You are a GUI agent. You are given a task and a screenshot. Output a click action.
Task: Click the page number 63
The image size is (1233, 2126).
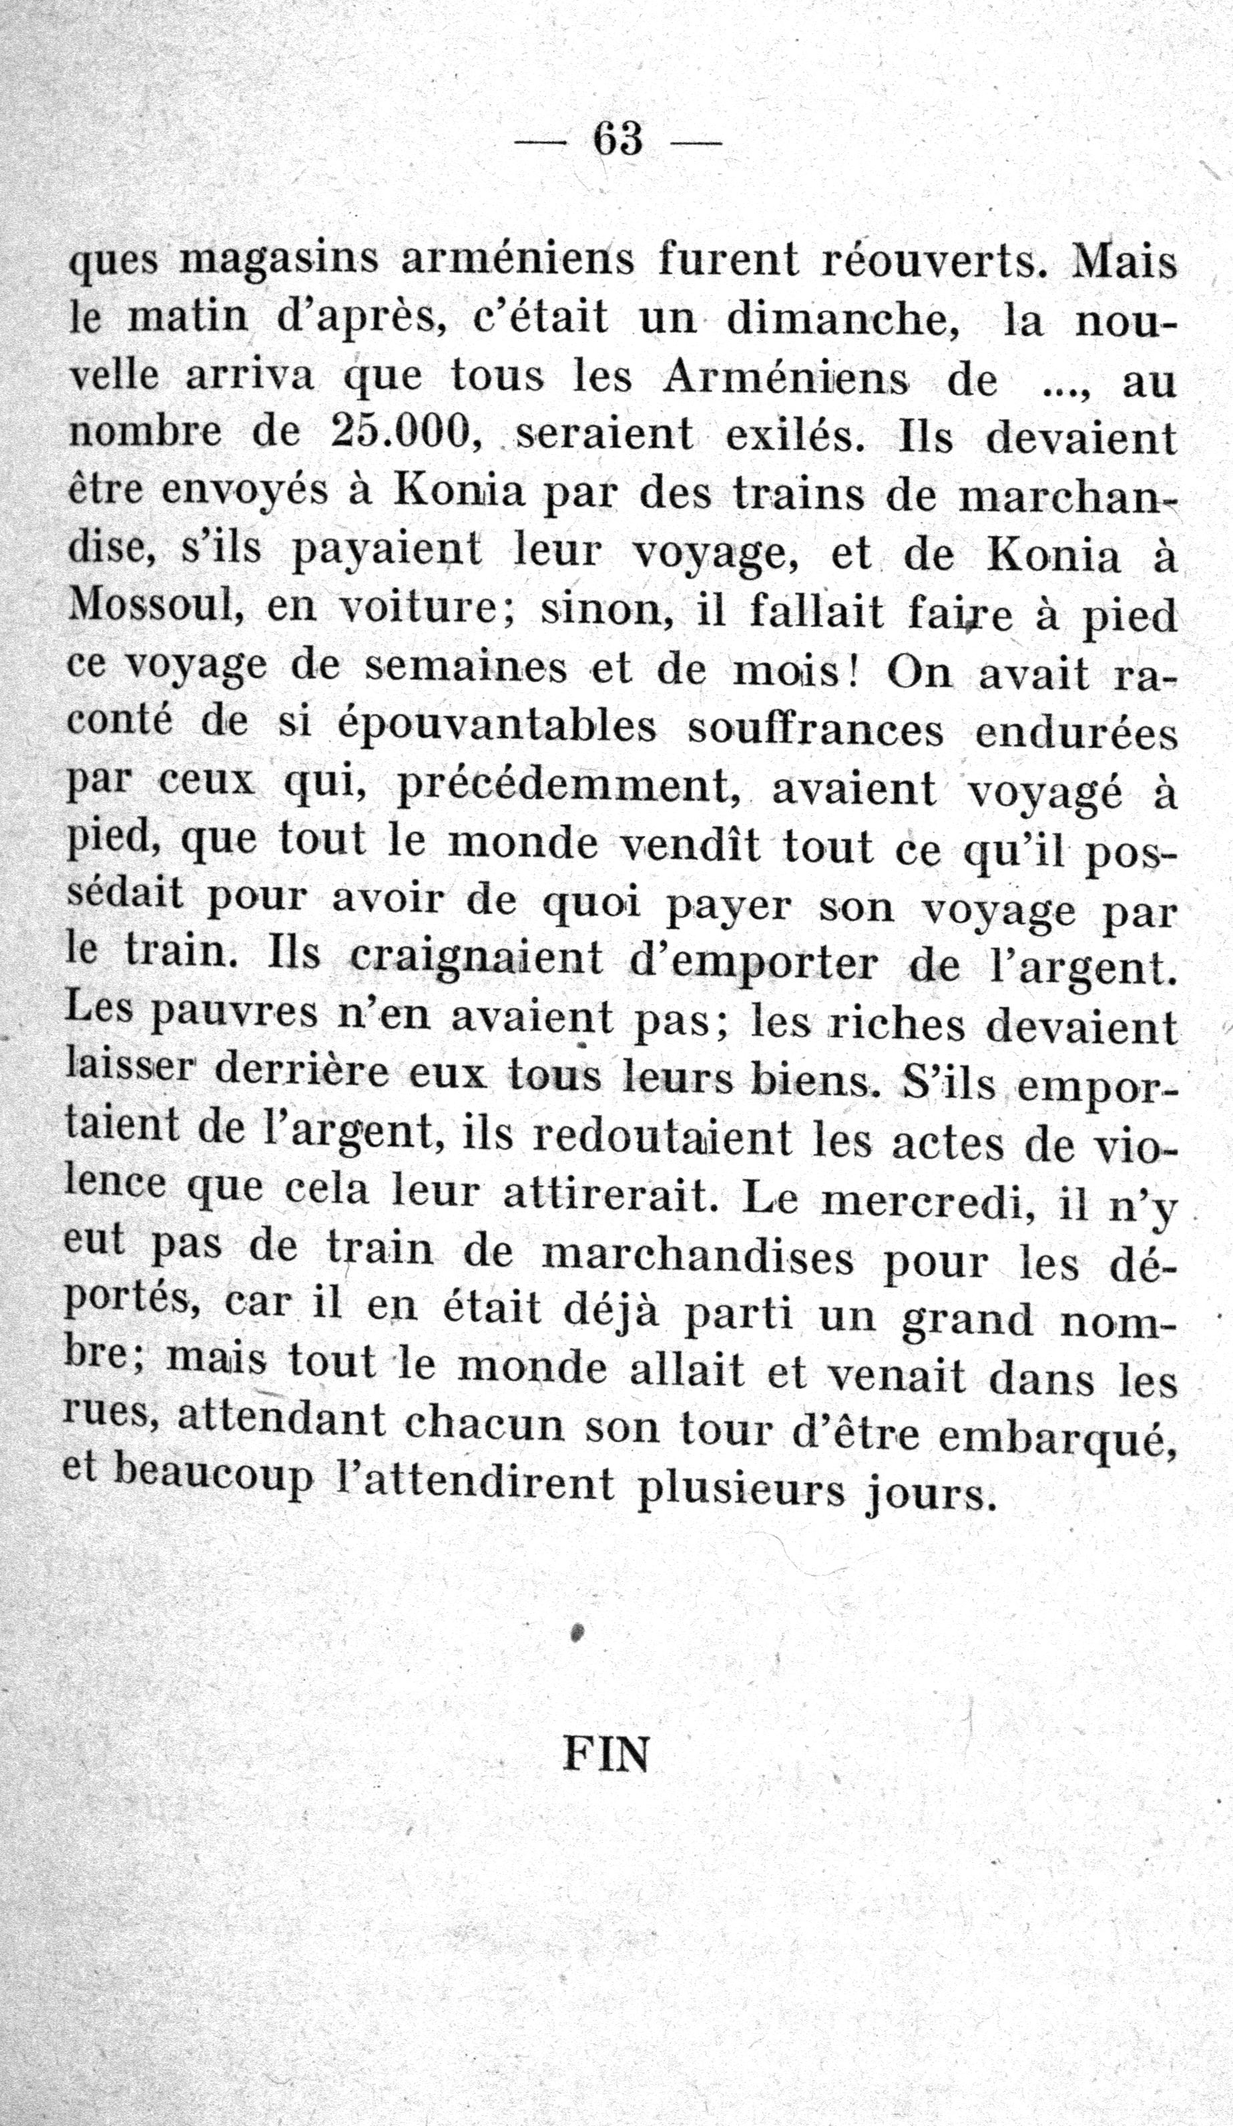click(x=618, y=139)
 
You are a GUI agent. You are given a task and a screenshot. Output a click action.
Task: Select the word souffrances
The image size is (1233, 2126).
click(x=814, y=730)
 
